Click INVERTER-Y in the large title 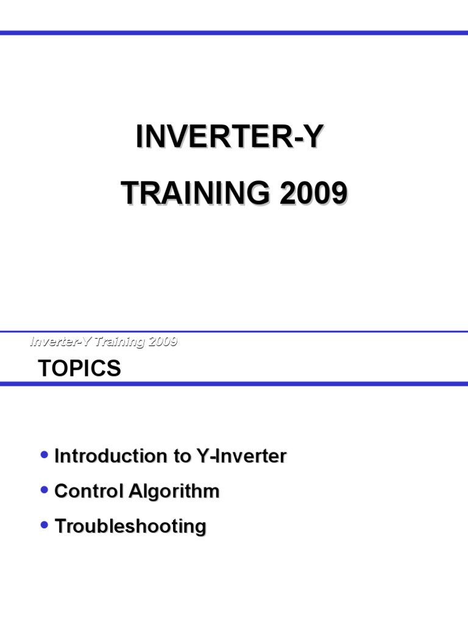(227, 136)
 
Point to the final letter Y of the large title (311, 136)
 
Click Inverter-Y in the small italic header (58, 341)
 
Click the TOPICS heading (79, 368)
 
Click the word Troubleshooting (130, 526)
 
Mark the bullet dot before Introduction (43, 455)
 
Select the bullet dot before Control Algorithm (43, 489)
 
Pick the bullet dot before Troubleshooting (43, 524)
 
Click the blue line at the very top (234, 32)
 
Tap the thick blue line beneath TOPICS (234, 383)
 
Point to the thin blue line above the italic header (234, 331)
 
